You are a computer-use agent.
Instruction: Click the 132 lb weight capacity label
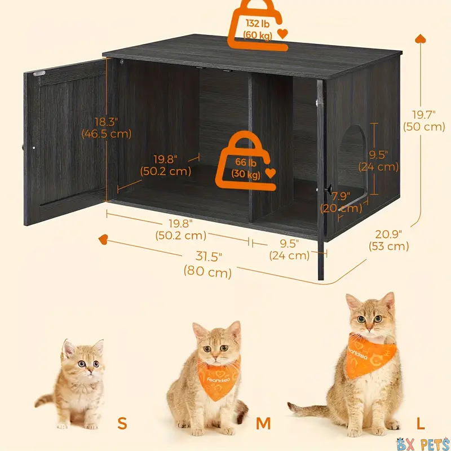[x=258, y=29]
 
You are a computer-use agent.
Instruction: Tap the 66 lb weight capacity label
[x=246, y=168]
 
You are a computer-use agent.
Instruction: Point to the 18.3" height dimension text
[x=107, y=128]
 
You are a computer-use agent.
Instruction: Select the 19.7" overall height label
[x=424, y=121]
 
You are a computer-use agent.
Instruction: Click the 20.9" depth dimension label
[x=388, y=240]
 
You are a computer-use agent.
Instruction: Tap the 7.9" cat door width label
[x=341, y=202]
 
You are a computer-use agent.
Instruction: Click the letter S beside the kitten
[x=122, y=423]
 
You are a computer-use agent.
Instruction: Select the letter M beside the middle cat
[x=263, y=423]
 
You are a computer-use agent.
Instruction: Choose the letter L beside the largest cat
[x=421, y=423]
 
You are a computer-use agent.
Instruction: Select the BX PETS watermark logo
[x=423, y=444]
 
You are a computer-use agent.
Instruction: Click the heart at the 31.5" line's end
[x=103, y=239]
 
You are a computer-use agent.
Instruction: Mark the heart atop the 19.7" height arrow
[x=420, y=39]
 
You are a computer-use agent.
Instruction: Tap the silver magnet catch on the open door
[x=39, y=73]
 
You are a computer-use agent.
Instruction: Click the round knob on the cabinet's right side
[x=328, y=189]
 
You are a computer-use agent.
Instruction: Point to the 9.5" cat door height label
[x=378, y=161]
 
